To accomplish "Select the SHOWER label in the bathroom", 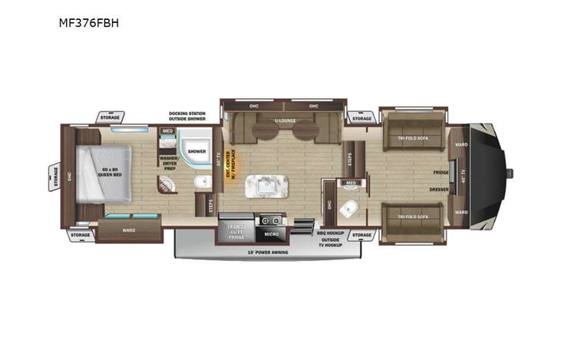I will pyautogui.click(x=197, y=151).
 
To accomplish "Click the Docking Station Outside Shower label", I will pyautogui.click(x=187, y=117).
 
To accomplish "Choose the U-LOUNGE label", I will pyautogui.click(x=285, y=121).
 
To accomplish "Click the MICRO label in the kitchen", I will pyautogui.click(x=271, y=233).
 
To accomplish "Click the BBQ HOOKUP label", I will pyautogui.click(x=331, y=231).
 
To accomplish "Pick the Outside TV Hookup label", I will pyautogui.click(x=331, y=243).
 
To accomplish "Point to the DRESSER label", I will pyautogui.click(x=440, y=188).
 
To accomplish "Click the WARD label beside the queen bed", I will pyautogui.click(x=129, y=230).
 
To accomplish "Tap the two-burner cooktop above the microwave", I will pyautogui.click(x=271, y=220).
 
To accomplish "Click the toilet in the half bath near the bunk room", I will pyautogui.click(x=351, y=206).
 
